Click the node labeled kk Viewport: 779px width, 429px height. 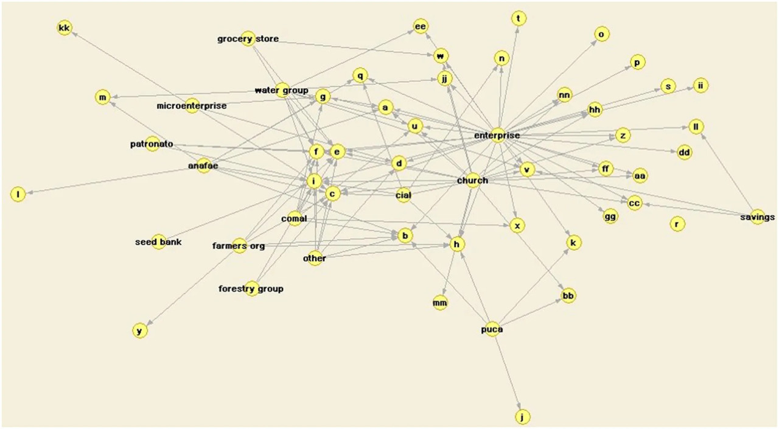coord(65,28)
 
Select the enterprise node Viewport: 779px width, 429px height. coord(497,135)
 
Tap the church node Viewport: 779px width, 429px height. coord(473,181)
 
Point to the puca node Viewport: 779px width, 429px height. coord(492,329)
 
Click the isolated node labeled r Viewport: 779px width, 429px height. coord(677,224)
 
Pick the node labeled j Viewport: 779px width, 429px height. coord(522,417)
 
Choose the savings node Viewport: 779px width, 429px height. coord(758,217)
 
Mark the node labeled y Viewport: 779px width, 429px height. coord(140,330)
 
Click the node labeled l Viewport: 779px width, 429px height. coord(18,194)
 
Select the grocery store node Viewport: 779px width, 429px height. coord(248,38)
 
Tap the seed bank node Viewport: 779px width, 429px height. coord(159,242)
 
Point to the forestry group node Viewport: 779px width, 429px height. coord(251,288)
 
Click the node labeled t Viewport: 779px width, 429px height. coord(519,18)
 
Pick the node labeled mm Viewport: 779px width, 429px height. coord(440,303)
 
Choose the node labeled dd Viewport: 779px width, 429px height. coord(684,152)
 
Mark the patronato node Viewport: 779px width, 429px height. coord(152,144)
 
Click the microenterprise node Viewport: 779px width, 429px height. coord(192,106)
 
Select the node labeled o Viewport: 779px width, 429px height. coord(602,34)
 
